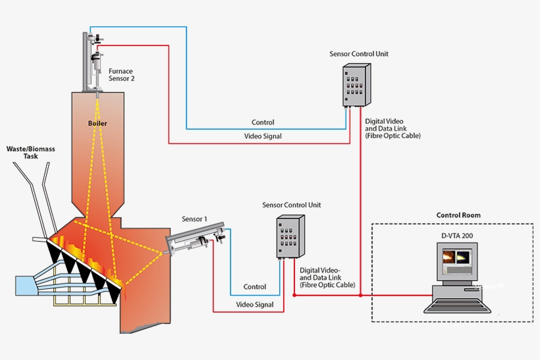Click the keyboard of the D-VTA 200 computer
point(456,303)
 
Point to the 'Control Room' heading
point(458,215)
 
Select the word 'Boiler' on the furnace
point(97,123)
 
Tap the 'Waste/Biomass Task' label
point(31,153)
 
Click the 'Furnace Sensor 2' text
point(122,74)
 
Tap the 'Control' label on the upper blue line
point(263,122)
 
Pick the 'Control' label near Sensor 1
point(255,287)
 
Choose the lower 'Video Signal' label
point(255,305)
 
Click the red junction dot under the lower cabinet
point(294,296)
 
